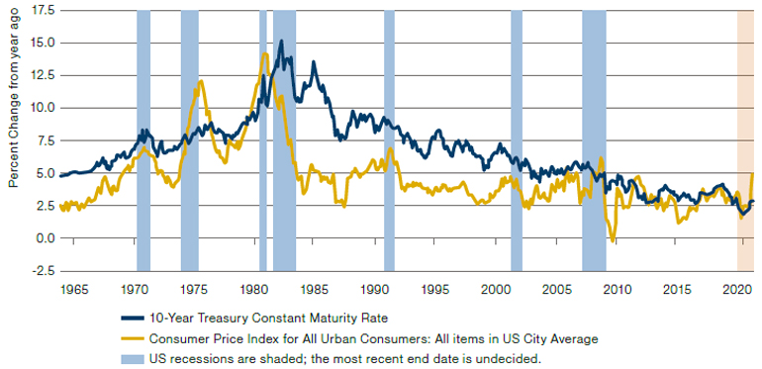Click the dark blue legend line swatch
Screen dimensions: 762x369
click(132, 318)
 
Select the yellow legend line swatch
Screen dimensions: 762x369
click(132, 339)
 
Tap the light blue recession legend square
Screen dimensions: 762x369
click(132, 359)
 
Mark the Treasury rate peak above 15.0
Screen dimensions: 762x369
click(281, 41)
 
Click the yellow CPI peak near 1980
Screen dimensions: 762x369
click(265, 53)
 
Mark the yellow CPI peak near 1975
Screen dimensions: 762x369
click(201, 81)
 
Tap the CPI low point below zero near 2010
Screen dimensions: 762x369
click(613, 239)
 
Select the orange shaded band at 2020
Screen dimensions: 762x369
click(745, 140)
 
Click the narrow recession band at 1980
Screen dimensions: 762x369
click(263, 140)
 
